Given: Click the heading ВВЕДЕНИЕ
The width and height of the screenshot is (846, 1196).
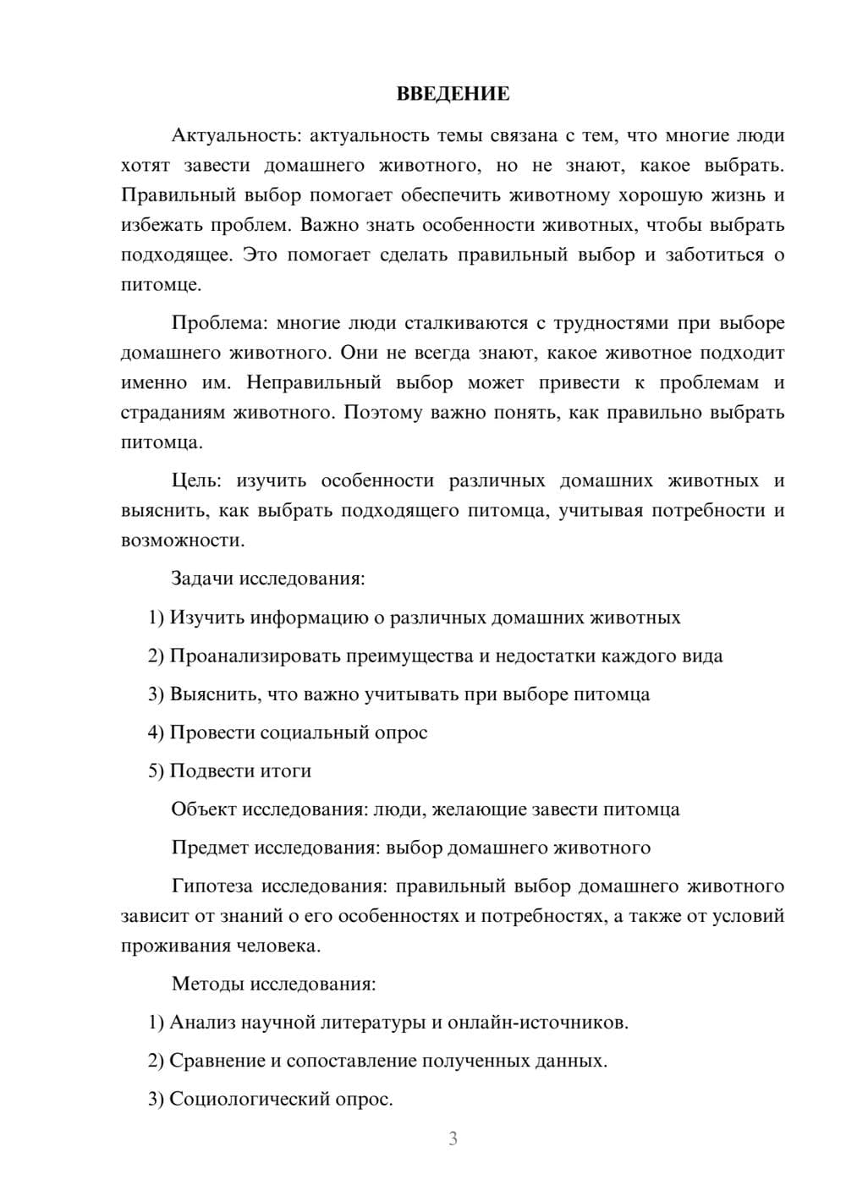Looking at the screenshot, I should (x=453, y=94).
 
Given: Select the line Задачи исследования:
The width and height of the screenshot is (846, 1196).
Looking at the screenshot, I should (x=268, y=579).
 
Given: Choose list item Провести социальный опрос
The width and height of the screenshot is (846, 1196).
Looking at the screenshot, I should (x=288, y=732).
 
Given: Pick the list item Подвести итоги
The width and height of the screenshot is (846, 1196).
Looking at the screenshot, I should (x=229, y=771).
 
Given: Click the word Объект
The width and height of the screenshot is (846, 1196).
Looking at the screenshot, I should (x=204, y=809).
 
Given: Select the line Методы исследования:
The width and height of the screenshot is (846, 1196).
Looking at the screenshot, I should (x=273, y=984).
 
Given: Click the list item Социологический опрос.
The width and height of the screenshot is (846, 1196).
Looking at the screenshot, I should (x=271, y=1099).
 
